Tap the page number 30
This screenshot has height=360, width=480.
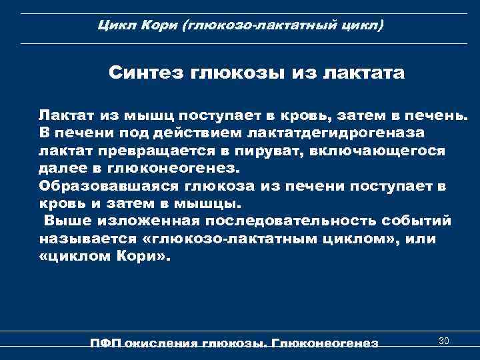pyautogui.click(x=444, y=341)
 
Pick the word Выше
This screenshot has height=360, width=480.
pyautogui.click(x=63, y=220)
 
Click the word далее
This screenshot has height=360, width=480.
pyautogui.click(x=61, y=168)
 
